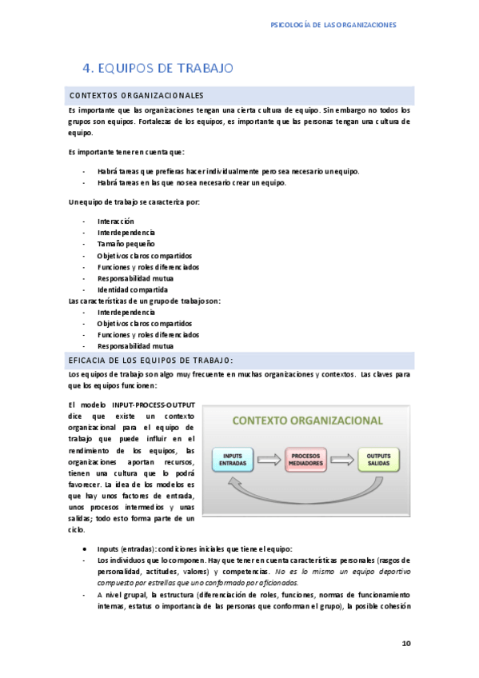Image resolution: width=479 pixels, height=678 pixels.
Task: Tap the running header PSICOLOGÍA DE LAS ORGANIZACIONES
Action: click(x=334, y=25)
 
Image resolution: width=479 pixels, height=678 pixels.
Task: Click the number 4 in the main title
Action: click(x=88, y=68)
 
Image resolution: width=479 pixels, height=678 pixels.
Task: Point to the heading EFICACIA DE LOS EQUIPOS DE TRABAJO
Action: click(x=150, y=360)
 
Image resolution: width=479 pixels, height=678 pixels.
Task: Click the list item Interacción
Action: click(x=116, y=221)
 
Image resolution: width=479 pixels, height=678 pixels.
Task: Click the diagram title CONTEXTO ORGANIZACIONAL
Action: click(x=307, y=421)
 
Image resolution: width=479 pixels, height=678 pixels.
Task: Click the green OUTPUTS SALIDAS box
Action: click(x=378, y=459)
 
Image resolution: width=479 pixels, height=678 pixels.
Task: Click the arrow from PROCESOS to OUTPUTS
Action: click(x=345, y=459)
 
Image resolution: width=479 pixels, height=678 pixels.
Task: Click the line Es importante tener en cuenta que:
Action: click(x=126, y=152)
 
